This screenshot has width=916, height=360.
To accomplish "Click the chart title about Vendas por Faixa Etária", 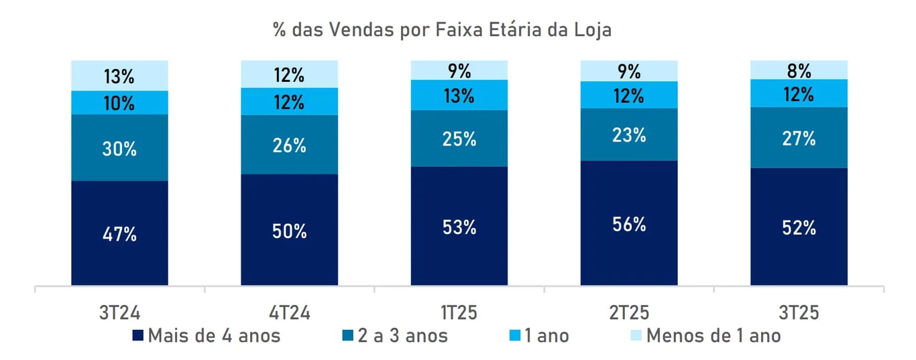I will [x=442, y=30].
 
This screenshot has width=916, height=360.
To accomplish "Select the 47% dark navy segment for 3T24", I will [x=120, y=233].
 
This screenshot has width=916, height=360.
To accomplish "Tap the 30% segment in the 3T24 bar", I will [x=120, y=147].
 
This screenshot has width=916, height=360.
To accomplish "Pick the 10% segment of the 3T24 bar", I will [x=120, y=103].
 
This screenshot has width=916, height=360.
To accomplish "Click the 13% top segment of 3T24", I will [x=120, y=75].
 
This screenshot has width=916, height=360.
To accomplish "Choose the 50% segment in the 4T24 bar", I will [x=290, y=230].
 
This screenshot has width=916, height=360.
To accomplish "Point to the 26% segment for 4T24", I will [x=290, y=145].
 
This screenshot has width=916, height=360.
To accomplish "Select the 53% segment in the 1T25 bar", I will [x=459, y=226].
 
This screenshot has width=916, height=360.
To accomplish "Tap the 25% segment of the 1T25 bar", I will [x=459, y=138].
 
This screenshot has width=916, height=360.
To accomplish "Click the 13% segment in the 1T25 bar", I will [x=459, y=95].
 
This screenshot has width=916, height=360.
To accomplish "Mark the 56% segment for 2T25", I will [x=629, y=223].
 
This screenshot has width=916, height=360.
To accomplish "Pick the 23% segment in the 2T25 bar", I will [x=629, y=135].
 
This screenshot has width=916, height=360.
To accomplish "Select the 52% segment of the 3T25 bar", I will [x=799, y=227].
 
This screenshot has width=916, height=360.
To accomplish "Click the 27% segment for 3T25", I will [x=799, y=137].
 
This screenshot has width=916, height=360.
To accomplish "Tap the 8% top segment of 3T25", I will [x=799, y=70].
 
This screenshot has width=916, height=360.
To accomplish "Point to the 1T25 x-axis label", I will [x=459, y=313].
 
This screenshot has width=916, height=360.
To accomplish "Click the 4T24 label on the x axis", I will [x=290, y=313].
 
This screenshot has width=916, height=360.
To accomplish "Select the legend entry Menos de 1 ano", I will [x=713, y=335].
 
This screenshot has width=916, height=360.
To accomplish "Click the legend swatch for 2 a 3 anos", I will [x=349, y=335].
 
